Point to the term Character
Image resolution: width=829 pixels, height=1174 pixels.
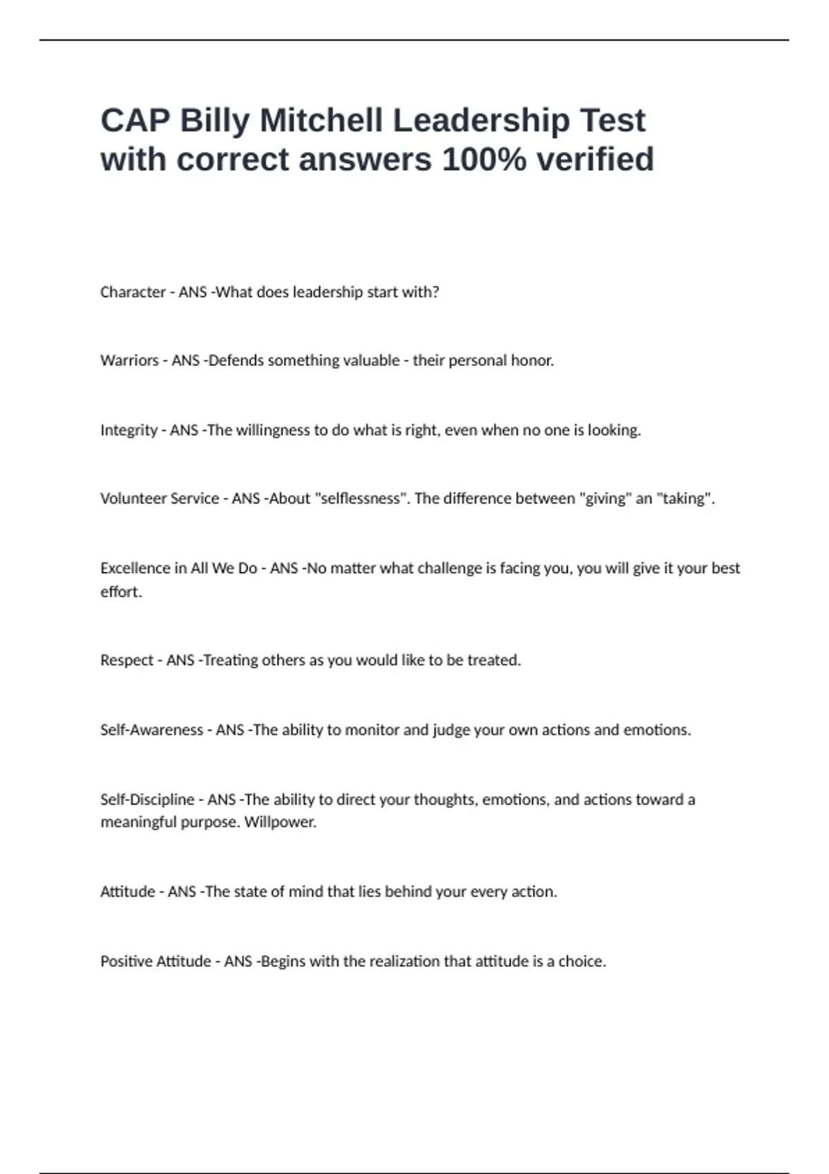133,292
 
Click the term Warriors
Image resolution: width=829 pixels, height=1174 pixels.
129,360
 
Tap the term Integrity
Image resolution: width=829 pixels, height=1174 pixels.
128,430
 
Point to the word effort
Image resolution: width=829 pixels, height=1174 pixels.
120,592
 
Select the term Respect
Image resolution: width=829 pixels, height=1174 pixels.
126,660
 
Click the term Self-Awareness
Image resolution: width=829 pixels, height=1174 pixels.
151,730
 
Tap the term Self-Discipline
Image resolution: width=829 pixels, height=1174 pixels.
147,800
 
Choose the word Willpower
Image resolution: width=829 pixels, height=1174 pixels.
280,822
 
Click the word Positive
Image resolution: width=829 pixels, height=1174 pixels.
126,961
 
